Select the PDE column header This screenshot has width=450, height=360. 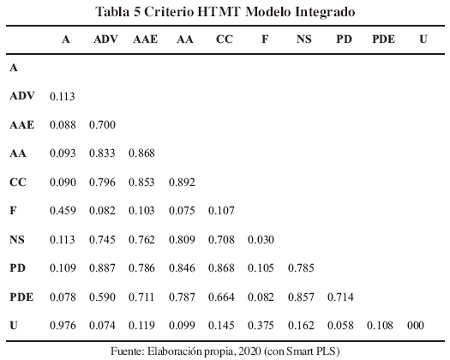point(383,39)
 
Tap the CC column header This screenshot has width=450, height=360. point(224,39)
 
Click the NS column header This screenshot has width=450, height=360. point(304,39)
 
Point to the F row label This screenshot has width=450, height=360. point(13,211)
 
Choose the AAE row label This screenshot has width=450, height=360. point(21,125)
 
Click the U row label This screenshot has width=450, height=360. point(14,325)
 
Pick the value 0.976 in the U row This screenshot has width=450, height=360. point(63,325)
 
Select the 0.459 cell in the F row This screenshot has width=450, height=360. point(63,211)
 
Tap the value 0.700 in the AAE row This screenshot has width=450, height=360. point(102,125)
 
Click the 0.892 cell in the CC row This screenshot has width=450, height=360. point(182,183)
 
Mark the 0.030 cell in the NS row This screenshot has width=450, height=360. point(261,239)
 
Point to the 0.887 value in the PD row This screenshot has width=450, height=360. point(102,267)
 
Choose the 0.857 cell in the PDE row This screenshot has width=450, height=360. point(301,297)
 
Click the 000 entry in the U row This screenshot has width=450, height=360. point(416,325)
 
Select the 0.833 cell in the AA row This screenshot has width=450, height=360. point(102,153)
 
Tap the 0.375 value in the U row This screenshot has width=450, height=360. point(261,325)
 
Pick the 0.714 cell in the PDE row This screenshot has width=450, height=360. point(340,297)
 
